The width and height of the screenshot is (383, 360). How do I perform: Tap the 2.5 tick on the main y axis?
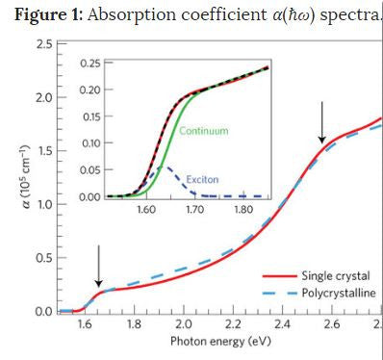click(43, 45)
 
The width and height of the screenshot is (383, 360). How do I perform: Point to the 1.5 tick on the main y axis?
click(43, 152)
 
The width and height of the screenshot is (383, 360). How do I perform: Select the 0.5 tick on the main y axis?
click(43, 258)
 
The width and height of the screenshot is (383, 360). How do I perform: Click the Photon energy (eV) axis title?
click(214, 342)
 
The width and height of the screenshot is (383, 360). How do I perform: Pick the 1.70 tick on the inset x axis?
click(194, 208)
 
